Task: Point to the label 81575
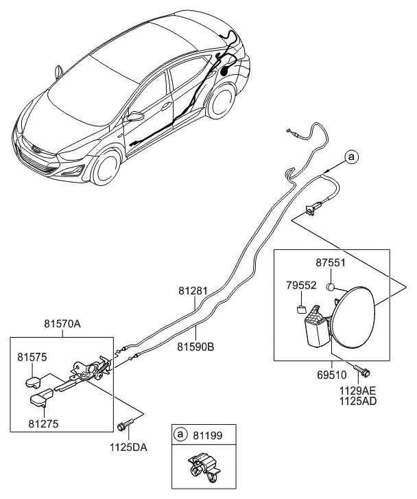coord(32,358)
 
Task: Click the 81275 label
coord(44,423)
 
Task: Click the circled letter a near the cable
coord(351,158)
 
